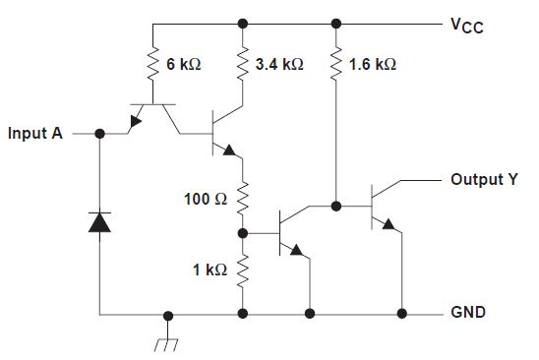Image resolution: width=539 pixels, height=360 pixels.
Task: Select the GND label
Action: [x=467, y=313]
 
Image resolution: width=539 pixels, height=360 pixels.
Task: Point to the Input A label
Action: [x=35, y=133]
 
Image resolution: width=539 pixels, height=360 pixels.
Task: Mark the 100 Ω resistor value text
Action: [x=207, y=199]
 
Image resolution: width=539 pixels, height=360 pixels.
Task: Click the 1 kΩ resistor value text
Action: [x=210, y=269]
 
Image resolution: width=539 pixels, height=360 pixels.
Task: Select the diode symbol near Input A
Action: [x=99, y=222]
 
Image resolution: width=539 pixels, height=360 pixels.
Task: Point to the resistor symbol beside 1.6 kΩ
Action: [x=337, y=63]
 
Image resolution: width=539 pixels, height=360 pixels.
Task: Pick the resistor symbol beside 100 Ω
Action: [x=242, y=198]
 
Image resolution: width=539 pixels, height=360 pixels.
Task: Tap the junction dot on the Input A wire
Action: [x=99, y=133]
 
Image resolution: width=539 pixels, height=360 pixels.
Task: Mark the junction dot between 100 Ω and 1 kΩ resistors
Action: [x=243, y=233]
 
